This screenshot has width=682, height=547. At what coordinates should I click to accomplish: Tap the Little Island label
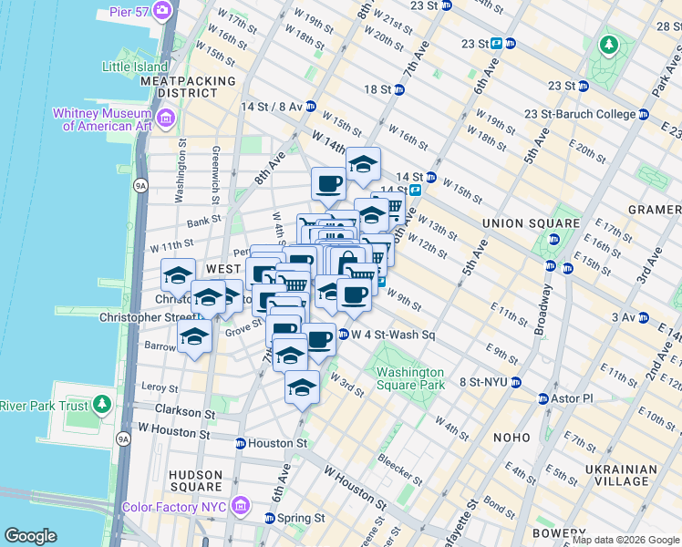pos(135,67)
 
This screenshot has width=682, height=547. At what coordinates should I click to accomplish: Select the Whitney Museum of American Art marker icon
pos(166,118)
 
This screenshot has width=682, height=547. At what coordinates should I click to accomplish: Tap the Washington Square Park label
pos(410,378)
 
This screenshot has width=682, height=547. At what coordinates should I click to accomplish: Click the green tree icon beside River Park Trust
pos(102,404)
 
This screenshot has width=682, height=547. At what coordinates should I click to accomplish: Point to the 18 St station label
pos(377,89)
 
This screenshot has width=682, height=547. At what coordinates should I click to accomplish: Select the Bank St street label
pos(204,220)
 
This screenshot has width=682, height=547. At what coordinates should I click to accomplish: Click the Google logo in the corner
pos(30,536)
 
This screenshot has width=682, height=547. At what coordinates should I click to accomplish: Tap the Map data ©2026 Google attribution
pos(625,540)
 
